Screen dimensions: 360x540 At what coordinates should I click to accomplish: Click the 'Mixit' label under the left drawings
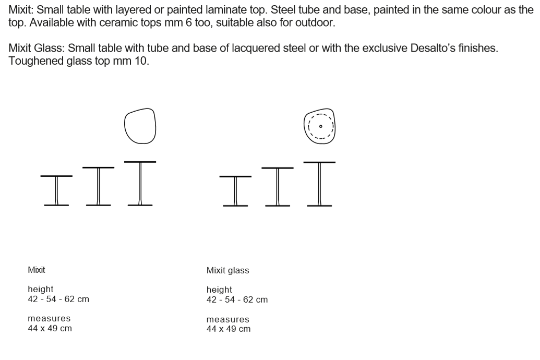click(37, 270)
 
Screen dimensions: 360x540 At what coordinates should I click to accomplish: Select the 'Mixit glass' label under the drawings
click(227, 271)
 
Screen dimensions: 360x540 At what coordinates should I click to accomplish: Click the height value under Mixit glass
click(237, 300)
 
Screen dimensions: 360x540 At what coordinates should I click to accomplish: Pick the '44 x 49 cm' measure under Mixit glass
click(229, 329)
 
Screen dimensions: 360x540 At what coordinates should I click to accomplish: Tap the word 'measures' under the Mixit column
click(49, 318)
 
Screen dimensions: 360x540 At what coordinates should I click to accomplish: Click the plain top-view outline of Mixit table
click(140, 126)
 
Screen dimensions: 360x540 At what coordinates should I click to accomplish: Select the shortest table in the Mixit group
click(56, 190)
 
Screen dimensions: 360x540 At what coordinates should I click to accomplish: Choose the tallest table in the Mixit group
click(140, 183)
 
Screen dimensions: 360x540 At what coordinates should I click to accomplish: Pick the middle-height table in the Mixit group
click(98, 186)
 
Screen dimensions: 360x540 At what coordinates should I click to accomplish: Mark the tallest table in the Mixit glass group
click(319, 183)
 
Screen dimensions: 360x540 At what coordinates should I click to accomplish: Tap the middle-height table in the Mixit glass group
click(277, 186)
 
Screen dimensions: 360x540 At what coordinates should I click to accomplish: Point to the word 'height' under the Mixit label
click(40, 289)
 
